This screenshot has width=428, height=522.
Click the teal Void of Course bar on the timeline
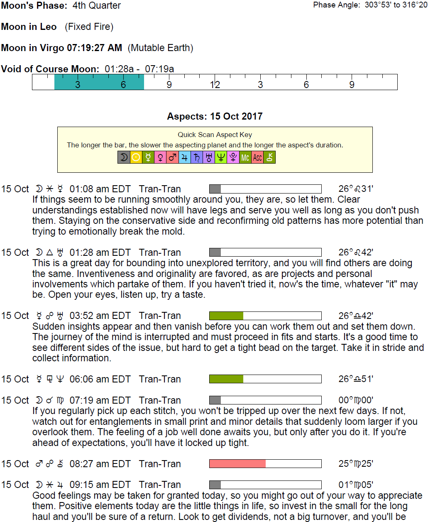click(99, 82)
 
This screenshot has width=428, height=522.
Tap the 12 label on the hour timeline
click(215, 85)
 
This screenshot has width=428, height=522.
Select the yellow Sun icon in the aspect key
click(136, 157)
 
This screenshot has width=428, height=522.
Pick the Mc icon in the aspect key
click(245, 157)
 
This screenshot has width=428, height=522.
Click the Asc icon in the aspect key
click(257, 157)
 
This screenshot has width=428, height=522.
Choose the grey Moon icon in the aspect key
click(124, 157)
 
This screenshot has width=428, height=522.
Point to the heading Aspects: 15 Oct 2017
click(215, 116)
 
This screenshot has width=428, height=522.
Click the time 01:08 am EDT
click(100, 189)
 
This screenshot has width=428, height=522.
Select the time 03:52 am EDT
click(100, 316)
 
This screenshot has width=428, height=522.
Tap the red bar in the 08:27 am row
click(237, 463)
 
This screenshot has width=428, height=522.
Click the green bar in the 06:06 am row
click(226, 379)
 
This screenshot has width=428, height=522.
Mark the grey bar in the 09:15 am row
click(215, 485)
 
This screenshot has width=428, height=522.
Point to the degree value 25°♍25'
click(356, 463)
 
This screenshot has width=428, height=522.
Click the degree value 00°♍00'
click(356, 400)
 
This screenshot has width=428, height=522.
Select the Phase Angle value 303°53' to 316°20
click(396, 5)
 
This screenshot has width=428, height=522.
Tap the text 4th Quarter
click(97, 5)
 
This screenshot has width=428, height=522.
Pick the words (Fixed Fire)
click(89, 27)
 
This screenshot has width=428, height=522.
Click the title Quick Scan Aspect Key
click(215, 135)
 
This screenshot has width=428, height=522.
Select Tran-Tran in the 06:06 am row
click(160, 379)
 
